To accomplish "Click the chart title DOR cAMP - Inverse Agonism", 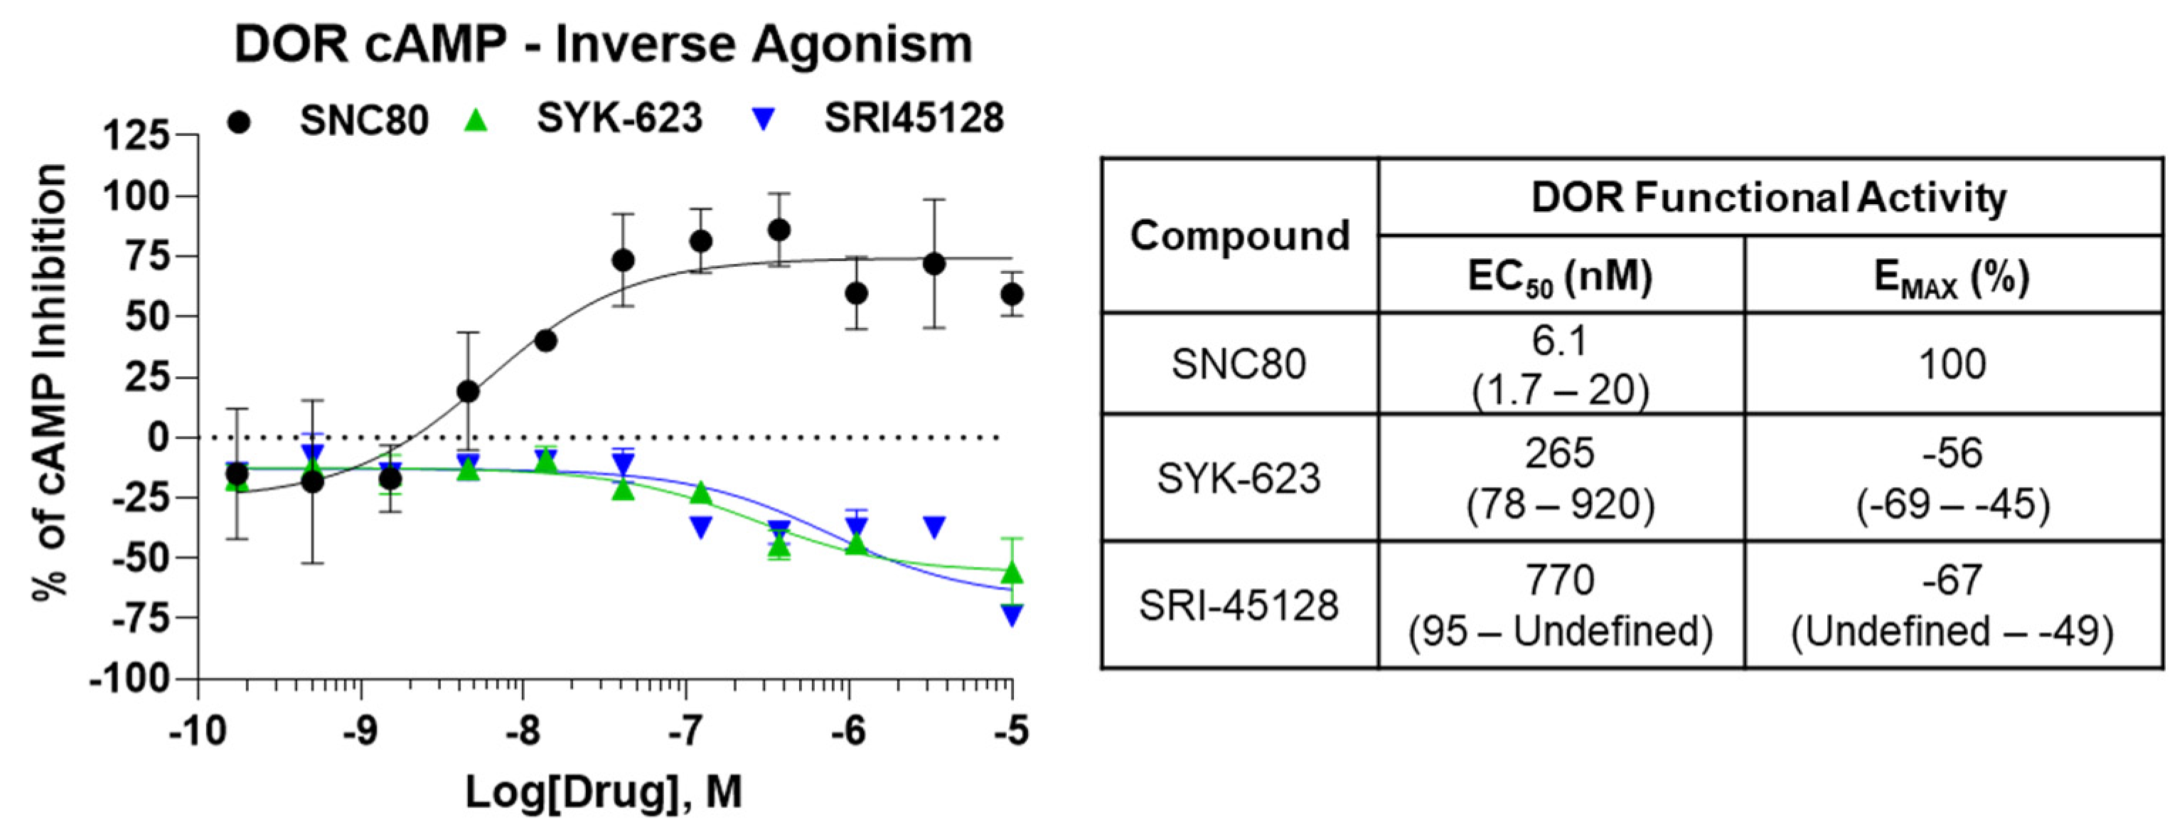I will click(x=603, y=44).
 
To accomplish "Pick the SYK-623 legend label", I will click(x=619, y=119).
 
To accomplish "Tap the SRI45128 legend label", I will click(x=913, y=119).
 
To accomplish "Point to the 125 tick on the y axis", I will click(x=136, y=136).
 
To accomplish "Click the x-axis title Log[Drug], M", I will click(x=603, y=792).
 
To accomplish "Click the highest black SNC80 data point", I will click(x=779, y=230).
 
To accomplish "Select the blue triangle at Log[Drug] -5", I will click(x=1012, y=615).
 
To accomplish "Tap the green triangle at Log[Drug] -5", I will click(x=1012, y=573).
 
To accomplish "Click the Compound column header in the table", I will click(x=1239, y=235).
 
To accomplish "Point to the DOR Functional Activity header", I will click(x=1769, y=198).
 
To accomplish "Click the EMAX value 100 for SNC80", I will click(x=1952, y=364).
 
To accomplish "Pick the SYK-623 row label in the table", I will click(x=1239, y=479).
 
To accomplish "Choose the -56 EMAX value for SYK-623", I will click(x=1952, y=454).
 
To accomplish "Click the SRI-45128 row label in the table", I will click(x=1239, y=605).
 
